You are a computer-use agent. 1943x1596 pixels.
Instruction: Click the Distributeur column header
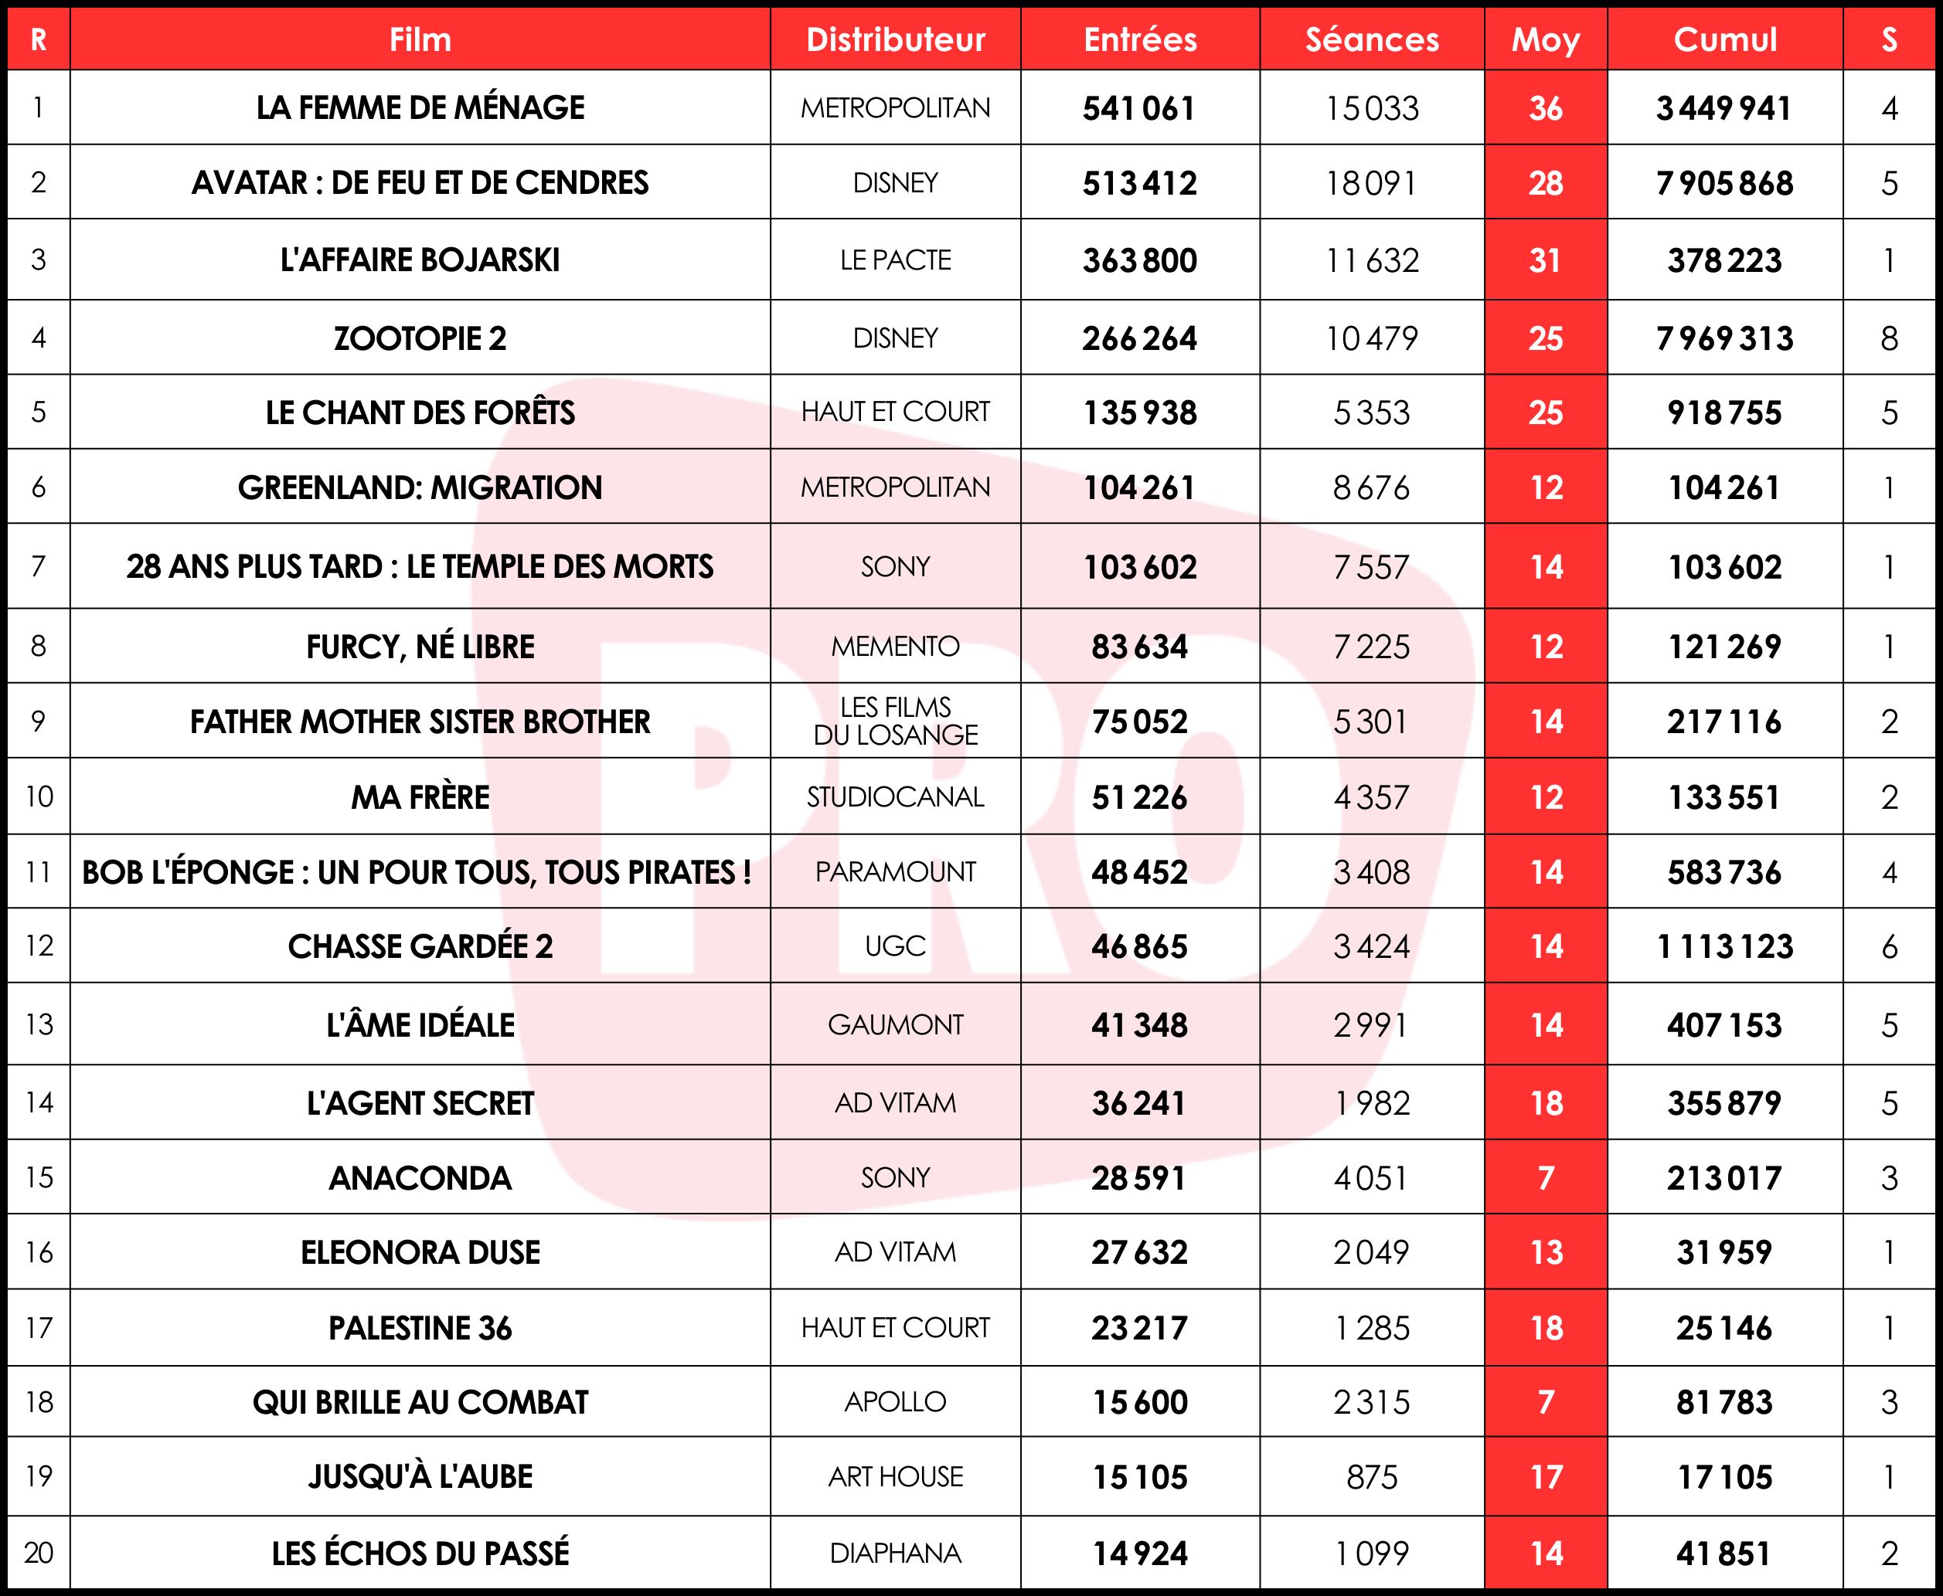pyautogui.click(x=895, y=39)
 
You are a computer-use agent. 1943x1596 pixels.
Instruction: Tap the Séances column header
pyautogui.click(x=1371, y=39)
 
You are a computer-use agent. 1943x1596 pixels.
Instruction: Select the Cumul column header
pyautogui.click(x=1724, y=39)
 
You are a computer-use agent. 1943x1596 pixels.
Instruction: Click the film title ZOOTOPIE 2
pyautogui.click(x=420, y=338)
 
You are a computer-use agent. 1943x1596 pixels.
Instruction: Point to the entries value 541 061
pyautogui.click(x=1138, y=108)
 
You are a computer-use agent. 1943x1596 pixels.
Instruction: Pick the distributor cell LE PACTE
pyautogui.click(x=895, y=260)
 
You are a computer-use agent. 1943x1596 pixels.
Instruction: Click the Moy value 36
pyautogui.click(x=1545, y=108)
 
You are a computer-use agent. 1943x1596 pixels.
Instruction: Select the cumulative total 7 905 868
pyautogui.click(x=1724, y=183)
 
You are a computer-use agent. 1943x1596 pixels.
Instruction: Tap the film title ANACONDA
pyautogui.click(x=420, y=1178)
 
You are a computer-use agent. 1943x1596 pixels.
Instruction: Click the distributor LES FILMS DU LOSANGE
pyautogui.click(x=895, y=721)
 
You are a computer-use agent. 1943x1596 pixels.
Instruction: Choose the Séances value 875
pyautogui.click(x=1371, y=1477)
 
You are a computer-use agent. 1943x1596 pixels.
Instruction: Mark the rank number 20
pyautogui.click(x=39, y=1553)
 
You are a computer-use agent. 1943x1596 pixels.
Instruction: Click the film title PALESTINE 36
pyautogui.click(x=420, y=1327)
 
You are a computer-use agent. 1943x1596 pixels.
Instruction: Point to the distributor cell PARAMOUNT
pyautogui.click(x=895, y=871)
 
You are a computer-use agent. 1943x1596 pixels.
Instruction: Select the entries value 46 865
pyautogui.click(x=1138, y=946)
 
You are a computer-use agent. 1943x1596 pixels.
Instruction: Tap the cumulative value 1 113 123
pyautogui.click(x=1724, y=946)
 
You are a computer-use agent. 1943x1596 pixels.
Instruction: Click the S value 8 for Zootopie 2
pyautogui.click(x=1889, y=338)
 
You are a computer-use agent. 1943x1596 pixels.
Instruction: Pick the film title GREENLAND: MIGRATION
pyautogui.click(x=420, y=487)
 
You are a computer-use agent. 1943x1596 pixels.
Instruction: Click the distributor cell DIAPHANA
pyautogui.click(x=895, y=1553)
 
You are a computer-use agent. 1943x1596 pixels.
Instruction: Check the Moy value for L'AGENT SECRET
pyautogui.click(x=1545, y=1103)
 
